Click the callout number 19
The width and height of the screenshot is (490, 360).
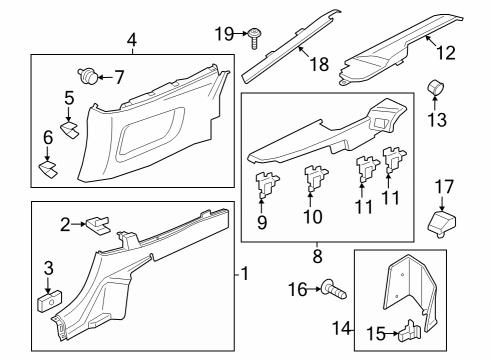(223, 33)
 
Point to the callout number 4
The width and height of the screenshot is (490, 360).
(131, 40)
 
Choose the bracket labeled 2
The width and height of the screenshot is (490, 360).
(97, 223)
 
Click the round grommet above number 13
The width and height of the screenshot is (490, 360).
(436, 90)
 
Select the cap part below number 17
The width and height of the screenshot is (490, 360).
(440, 220)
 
